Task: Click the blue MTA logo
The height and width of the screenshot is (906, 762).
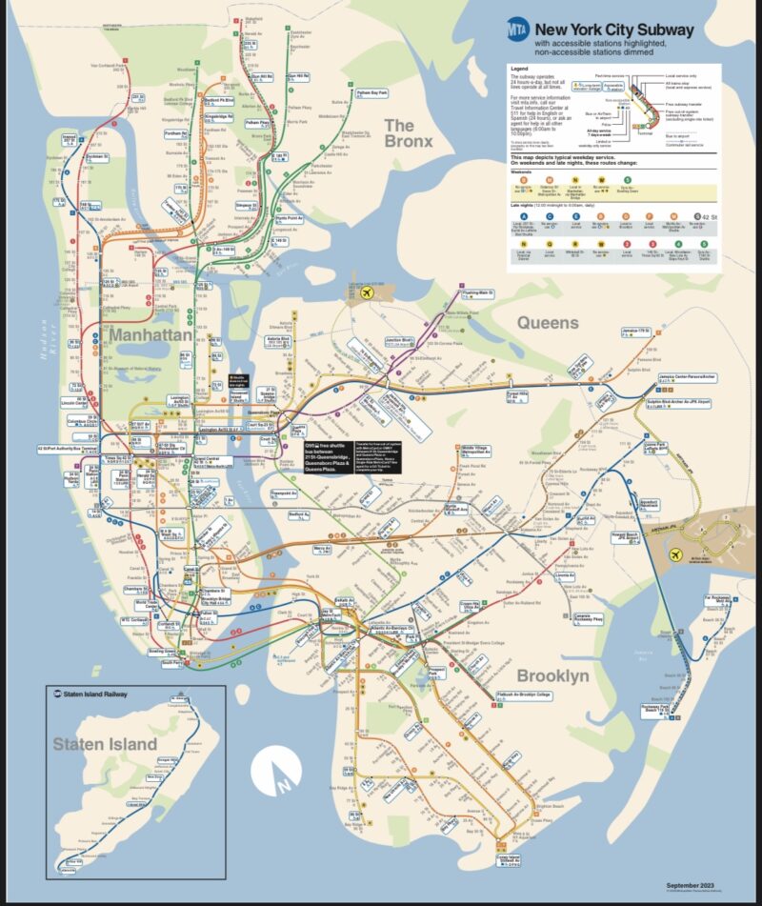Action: tap(519, 30)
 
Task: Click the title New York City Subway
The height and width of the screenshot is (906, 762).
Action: tap(600, 30)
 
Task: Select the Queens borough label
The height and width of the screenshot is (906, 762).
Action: tap(548, 323)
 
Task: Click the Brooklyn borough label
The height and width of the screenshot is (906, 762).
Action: tap(552, 675)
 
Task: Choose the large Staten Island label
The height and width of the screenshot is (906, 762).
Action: tap(105, 743)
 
